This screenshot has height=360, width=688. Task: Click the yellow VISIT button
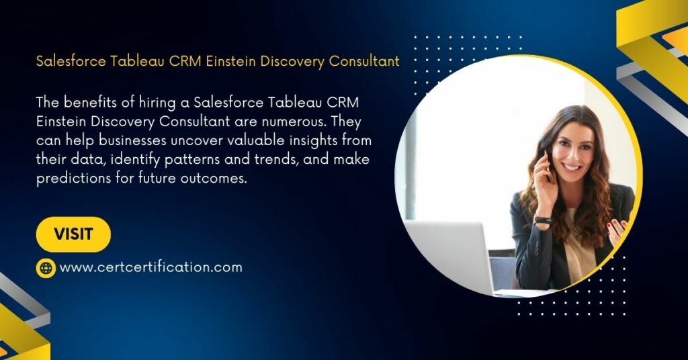(x=73, y=234)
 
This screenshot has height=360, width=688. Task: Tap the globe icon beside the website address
(x=46, y=267)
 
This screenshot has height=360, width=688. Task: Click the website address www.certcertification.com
(x=151, y=267)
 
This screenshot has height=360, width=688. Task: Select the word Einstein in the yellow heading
(x=231, y=61)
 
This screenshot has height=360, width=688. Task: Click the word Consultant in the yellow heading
(x=364, y=61)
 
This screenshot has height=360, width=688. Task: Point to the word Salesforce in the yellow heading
(x=71, y=61)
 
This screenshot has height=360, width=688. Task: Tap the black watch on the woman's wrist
(x=543, y=220)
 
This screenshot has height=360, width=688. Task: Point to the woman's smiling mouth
(x=572, y=167)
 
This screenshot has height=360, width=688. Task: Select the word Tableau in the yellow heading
(x=138, y=61)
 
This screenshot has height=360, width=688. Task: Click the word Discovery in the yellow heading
(x=293, y=61)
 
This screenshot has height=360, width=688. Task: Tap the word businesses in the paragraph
(x=132, y=140)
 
